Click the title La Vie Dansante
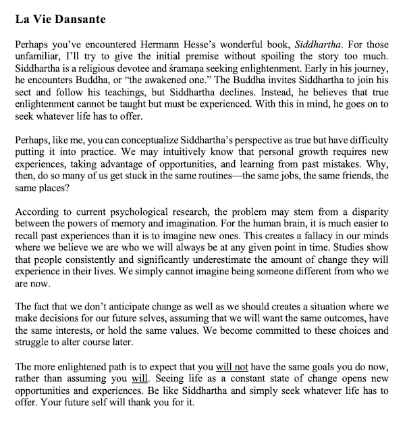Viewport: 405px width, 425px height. (x=61, y=18)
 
